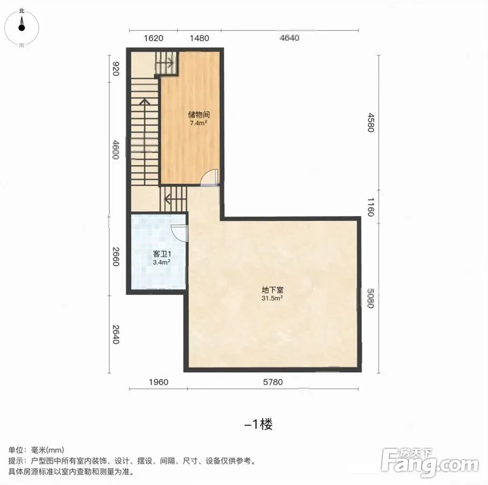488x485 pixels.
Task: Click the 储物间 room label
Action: pos(198,114)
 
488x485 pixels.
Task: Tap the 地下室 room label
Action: pos(272,290)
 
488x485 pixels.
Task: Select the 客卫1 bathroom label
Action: pos(162,254)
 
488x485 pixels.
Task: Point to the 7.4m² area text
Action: pos(198,123)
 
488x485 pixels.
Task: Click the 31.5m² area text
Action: pos(272,299)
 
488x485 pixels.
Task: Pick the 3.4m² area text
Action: pos(162,262)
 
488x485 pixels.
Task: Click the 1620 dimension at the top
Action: pos(154,38)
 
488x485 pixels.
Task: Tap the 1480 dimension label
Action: pos(199,38)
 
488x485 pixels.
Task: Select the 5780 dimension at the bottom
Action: pos(273,382)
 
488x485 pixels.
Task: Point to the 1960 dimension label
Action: pos(159,382)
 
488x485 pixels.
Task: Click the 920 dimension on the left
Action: pos(115,69)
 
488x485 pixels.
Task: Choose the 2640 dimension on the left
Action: pos(115,335)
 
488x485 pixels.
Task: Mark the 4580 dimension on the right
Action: pos(370,122)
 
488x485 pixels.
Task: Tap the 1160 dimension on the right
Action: pos(370,207)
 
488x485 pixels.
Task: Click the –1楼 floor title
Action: pos(258,424)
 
